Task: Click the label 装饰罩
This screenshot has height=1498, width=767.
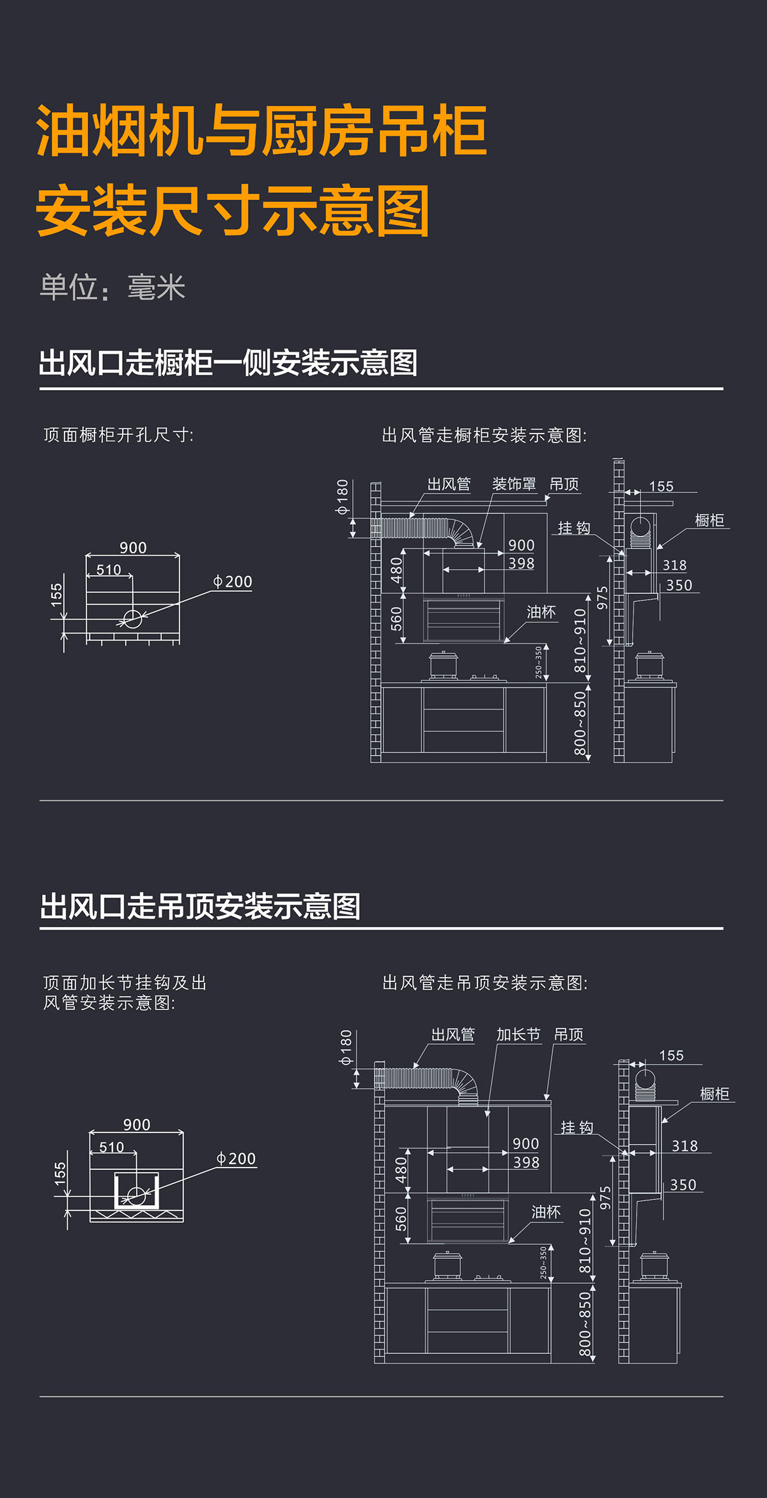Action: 514,484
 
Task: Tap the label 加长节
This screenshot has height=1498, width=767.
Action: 518,1034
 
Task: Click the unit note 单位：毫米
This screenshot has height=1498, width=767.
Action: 112,287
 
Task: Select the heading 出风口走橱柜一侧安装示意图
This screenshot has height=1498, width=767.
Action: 228,363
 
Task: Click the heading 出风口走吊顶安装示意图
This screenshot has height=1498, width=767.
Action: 201,906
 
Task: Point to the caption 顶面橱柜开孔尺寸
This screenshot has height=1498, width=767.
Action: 118,435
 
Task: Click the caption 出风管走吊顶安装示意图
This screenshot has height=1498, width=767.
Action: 484,983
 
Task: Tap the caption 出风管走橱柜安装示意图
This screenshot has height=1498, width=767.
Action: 484,435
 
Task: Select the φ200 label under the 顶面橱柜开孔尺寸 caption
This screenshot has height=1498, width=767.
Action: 233,582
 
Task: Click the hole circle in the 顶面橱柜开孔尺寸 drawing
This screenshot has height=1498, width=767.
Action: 132,619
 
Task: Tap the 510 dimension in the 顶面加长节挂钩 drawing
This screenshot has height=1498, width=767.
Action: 111,1147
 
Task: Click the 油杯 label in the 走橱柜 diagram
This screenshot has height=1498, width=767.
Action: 541,612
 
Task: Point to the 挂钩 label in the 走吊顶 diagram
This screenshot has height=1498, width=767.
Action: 577,1127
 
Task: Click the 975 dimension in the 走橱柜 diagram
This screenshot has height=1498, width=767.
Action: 602,598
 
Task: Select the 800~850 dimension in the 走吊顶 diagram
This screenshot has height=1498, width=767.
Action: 585,1324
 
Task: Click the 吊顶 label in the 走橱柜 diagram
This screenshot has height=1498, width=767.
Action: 564,484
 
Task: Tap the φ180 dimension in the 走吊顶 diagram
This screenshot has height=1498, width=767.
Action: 346,1047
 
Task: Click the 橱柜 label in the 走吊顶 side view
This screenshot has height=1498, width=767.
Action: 715,1094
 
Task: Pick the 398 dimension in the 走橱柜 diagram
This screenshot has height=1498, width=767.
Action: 521,563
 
